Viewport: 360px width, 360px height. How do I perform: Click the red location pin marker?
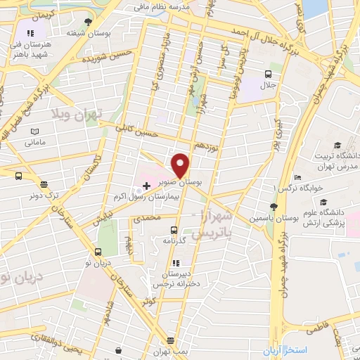coord(181,165)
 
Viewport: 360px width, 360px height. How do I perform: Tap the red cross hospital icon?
coord(146,185)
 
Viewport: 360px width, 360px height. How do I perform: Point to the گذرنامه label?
coord(174,240)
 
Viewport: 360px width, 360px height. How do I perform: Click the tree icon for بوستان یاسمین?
coord(274,207)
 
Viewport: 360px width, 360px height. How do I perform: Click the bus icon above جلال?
coord(269,74)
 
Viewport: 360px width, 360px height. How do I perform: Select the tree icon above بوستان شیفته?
coord(87,22)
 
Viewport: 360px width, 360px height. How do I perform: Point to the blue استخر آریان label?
coord(324,349)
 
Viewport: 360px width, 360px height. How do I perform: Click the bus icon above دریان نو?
coord(98,252)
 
